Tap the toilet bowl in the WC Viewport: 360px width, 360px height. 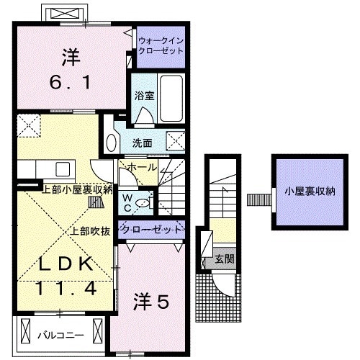(x=144, y=204)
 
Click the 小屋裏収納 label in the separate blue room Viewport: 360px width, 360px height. (x=309, y=192)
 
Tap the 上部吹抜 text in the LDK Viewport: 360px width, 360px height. (x=89, y=232)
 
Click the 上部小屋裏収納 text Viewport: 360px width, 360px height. (x=77, y=189)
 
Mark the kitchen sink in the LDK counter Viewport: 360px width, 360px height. (x=60, y=170)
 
